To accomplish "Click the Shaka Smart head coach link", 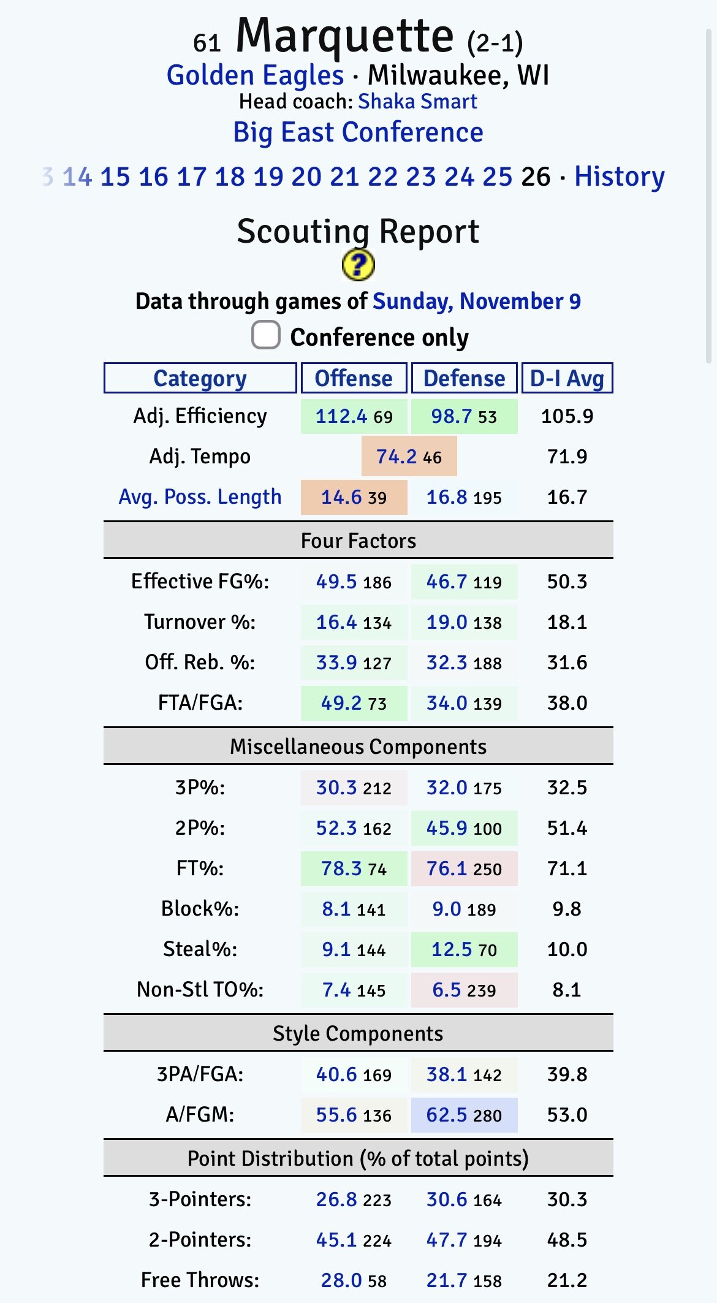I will (x=417, y=102).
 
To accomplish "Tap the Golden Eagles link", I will (x=255, y=76).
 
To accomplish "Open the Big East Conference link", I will (x=358, y=132).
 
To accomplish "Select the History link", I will (x=619, y=177).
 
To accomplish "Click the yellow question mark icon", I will (x=358, y=265).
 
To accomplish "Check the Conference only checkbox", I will (x=266, y=335).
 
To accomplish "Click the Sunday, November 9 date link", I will (x=476, y=302).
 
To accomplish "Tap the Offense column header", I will (x=354, y=378).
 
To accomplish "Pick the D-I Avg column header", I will (x=567, y=378).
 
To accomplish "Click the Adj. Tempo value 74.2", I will (x=396, y=457).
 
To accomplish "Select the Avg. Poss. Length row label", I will (x=200, y=497).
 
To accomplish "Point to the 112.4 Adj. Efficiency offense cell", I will (x=341, y=417).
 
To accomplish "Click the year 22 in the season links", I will (x=382, y=177).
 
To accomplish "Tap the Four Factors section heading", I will (x=358, y=541).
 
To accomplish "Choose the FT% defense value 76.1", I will (x=447, y=868).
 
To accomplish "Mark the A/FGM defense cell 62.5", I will (x=447, y=1115).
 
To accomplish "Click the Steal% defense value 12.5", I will (x=452, y=949).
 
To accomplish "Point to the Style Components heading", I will (x=358, y=1033).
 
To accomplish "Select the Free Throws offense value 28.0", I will (x=341, y=1280).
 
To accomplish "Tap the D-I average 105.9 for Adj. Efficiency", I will (x=567, y=417).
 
